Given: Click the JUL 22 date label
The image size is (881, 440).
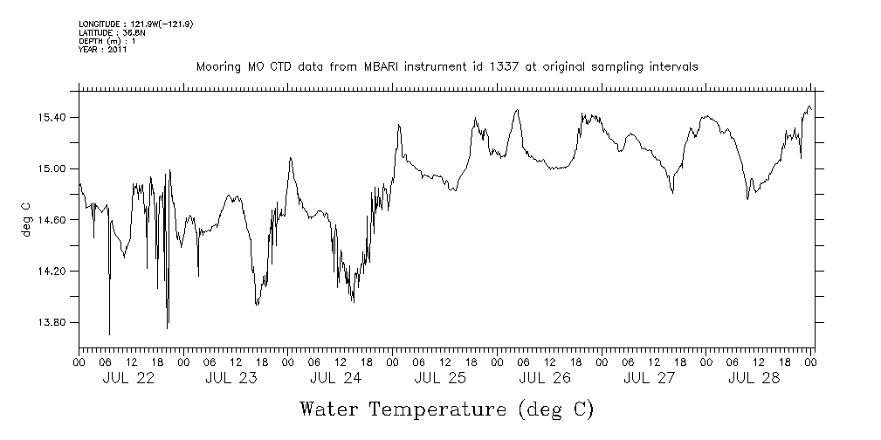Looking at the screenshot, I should pos(128,379).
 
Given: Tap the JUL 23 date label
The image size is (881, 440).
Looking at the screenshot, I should pos(232,379).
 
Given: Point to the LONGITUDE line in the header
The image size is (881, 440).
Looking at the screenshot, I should pos(135,24).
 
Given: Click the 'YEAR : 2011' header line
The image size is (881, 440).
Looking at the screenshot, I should pos(103,50).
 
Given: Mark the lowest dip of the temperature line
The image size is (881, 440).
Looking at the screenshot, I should pos(109,333).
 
